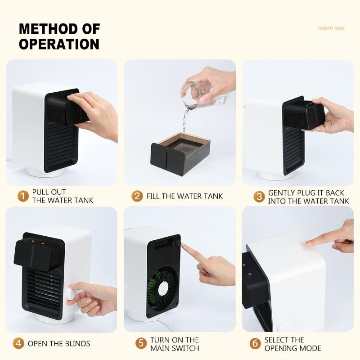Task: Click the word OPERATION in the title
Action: (x=59, y=44)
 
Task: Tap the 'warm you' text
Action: (x=331, y=28)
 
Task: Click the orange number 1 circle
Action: (x=23, y=196)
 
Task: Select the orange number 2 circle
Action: (x=137, y=196)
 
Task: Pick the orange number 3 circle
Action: (x=259, y=196)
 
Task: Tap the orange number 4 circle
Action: (x=18, y=343)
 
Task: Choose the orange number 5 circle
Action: (x=141, y=343)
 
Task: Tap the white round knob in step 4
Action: (x=72, y=292)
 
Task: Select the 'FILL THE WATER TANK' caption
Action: (x=184, y=196)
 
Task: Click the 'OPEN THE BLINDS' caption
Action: (x=59, y=344)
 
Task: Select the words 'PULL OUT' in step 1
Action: (x=49, y=192)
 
